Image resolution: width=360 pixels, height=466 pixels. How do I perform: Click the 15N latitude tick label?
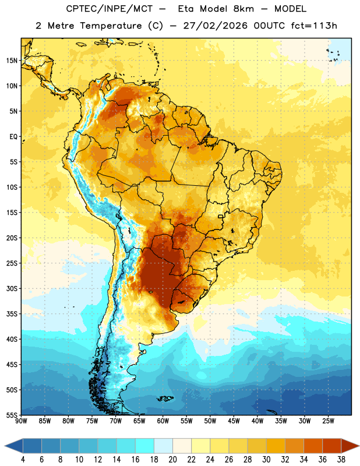point(12,61)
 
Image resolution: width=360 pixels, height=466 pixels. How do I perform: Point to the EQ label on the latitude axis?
point(13,137)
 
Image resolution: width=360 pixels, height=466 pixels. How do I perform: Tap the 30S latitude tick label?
point(12,288)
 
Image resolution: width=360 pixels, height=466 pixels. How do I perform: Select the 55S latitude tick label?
point(12,415)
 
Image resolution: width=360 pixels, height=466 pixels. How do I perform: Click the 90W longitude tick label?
point(22,421)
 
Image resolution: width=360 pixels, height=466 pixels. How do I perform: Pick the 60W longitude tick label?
point(163,421)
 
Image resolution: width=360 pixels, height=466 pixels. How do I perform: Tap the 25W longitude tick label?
point(328,421)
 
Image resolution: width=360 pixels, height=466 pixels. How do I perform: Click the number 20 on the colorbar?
point(172,460)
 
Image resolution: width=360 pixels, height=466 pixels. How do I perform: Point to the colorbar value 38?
point(341,460)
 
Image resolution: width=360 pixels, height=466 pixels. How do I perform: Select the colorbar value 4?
point(23,460)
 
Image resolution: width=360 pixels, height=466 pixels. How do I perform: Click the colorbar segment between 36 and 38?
point(332,446)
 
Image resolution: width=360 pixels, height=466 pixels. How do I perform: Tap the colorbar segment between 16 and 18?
point(145,446)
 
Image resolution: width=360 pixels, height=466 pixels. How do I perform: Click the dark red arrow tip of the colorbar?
point(350,446)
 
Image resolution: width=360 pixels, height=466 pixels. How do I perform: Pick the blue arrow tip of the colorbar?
point(13,446)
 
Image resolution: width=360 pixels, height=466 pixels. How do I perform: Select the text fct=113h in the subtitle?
point(314,26)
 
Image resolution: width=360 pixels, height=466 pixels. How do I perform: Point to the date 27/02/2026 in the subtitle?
point(215,26)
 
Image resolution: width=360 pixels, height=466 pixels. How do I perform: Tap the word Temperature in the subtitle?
point(110,26)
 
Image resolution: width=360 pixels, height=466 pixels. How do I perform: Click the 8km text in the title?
point(243,9)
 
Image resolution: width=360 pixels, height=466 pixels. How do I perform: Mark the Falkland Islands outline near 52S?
point(165,398)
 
